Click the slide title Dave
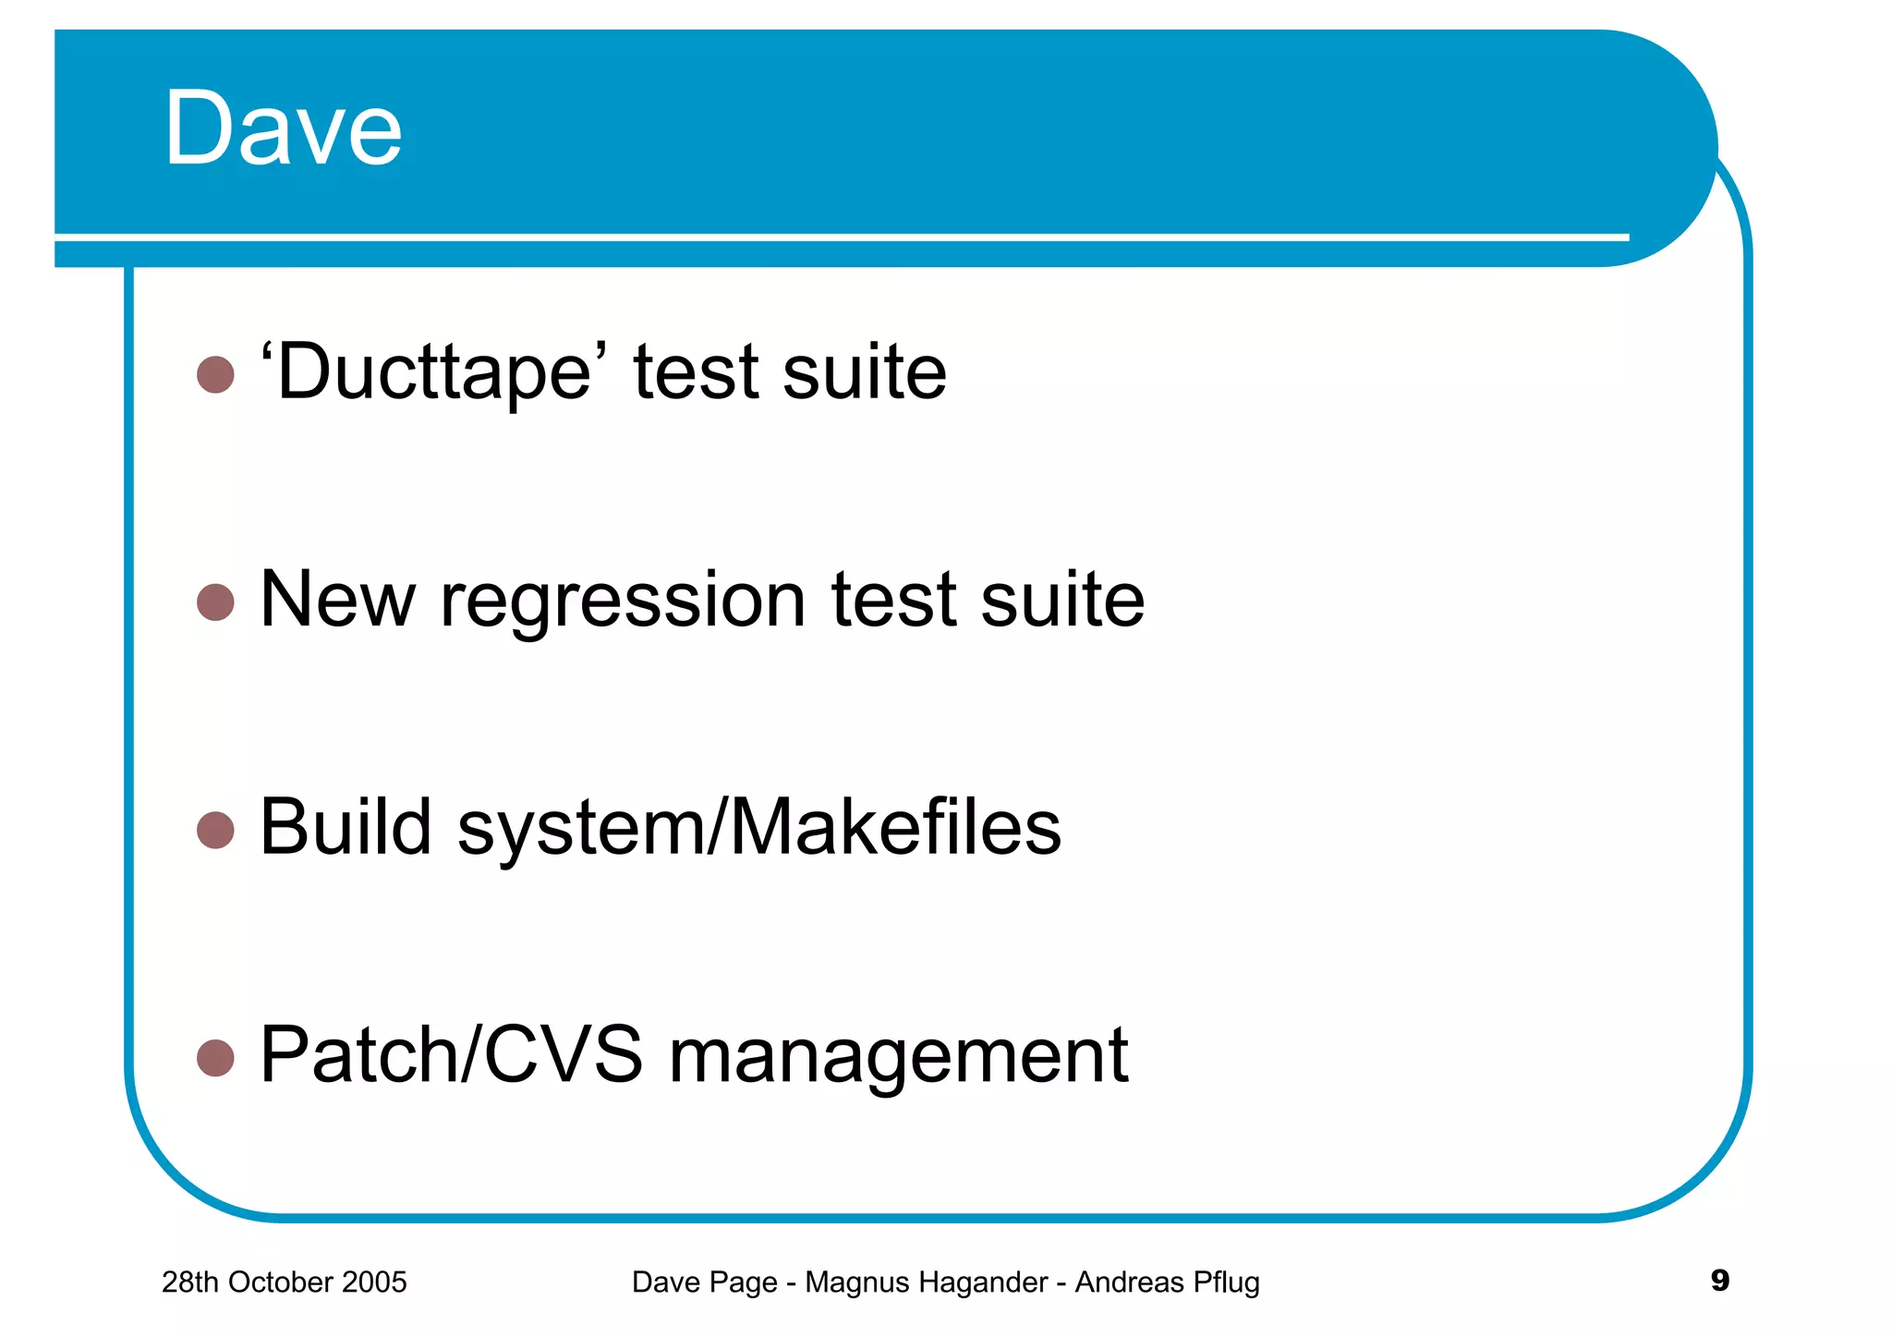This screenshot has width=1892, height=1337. click(x=283, y=129)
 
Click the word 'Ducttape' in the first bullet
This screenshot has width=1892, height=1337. click(x=433, y=372)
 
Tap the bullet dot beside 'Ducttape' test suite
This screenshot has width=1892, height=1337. click(x=215, y=374)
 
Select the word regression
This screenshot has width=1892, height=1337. click(x=623, y=602)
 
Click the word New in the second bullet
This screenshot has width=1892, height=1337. click(x=337, y=600)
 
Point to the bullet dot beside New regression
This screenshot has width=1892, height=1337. click(x=215, y=602)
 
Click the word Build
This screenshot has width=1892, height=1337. click(x=346, y=827)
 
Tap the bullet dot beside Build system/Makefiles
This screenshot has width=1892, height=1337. click(x=215, y=830)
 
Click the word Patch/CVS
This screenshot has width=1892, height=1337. click(x=451, y=1054)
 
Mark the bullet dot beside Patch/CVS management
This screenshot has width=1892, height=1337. click(x=215, y=1058)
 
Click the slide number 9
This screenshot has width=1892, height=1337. click(x=1719, y=1281)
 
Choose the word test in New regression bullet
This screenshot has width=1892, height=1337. click(x=893, y=602)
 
